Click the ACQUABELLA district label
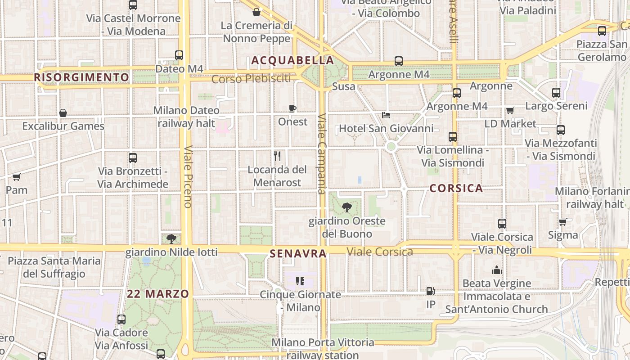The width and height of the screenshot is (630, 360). pos(292,60)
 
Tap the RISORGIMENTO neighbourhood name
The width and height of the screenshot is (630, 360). pos(81,77)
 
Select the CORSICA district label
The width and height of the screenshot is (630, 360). pos(456,188)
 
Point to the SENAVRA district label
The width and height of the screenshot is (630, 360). pos(298,254)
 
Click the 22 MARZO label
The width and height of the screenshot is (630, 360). pos(158,294)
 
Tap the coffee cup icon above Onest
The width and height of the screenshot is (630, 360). pos(292,108)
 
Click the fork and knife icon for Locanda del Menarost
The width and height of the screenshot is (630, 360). pos(277,156)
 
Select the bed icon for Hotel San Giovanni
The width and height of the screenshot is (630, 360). pos(386,115)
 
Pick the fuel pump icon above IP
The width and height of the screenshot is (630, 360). pos(431,291)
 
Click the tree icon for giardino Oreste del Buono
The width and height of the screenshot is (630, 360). pos(346,207)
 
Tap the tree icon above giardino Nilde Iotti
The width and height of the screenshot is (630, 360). pos(171,239)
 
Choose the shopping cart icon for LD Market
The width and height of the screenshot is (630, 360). pos(510,110)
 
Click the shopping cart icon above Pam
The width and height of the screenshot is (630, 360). pos(17,177)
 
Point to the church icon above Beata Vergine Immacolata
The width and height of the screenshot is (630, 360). pos(497,270)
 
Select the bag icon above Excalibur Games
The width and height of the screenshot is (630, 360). pos(63,113)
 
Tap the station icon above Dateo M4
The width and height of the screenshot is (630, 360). pos(179,55)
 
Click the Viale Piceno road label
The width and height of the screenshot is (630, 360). pos(188,176)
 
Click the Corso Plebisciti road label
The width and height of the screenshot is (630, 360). pos(251,79)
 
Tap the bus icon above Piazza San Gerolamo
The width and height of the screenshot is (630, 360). pos(602,31)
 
